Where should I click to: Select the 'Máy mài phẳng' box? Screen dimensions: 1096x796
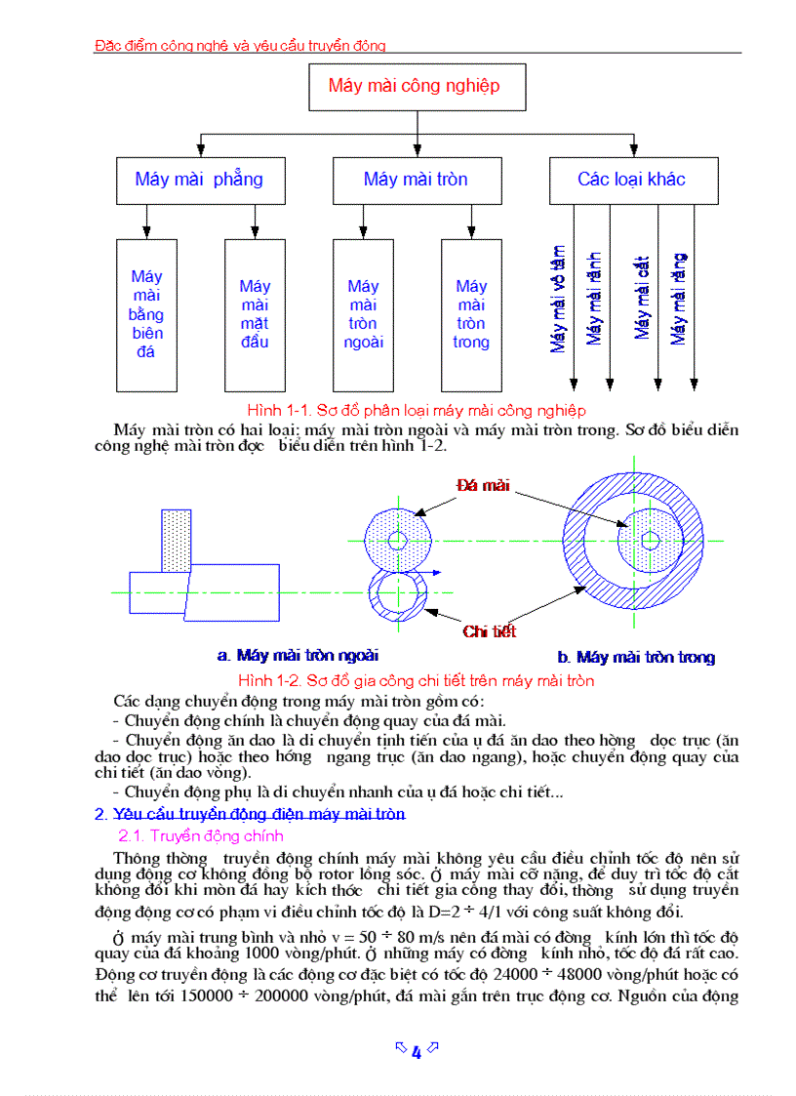[x=200, y=180]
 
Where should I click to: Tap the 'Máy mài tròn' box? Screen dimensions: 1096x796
[x=417, y=180]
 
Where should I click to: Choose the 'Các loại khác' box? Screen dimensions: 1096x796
[x=633, y=180]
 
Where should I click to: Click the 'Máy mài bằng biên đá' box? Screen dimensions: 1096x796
[x=146, y=314]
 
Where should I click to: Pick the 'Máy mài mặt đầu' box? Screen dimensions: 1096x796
[x=255, y=314]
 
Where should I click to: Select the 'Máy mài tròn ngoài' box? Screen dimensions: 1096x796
[x=363, y=314]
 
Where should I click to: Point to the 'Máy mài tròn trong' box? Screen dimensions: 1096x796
[x=471, y=314]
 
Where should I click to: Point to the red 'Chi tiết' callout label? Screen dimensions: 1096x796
[x=489, y=632]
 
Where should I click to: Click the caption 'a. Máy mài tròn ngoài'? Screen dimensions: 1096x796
[x=298, y=656]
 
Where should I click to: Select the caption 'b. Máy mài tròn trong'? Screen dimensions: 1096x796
[x=636, y=658]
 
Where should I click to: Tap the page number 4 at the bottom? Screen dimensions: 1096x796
[x=417, y=1051]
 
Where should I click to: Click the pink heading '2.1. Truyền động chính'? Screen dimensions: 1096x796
[x=201, y=835]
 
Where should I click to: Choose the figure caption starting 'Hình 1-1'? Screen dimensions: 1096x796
[x=417, y=410]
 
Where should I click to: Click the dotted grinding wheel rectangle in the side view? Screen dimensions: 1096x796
[x=177, y=540]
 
